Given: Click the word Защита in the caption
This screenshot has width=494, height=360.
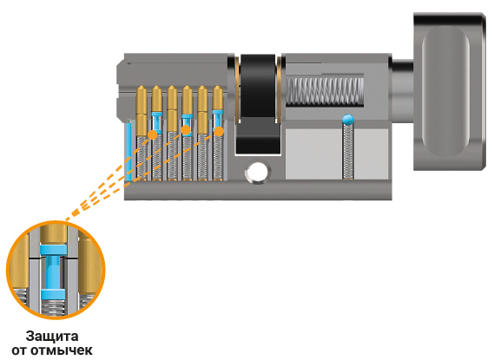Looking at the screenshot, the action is (x=52, y=337).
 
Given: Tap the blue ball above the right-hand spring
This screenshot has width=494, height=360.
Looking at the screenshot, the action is (x=348, y=119).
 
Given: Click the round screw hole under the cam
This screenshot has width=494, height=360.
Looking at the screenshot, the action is (x=258, y=172).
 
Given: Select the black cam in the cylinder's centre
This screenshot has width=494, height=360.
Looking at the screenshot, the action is (x=258, y=104).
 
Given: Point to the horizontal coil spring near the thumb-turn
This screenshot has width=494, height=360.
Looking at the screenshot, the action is (x=325, y=92).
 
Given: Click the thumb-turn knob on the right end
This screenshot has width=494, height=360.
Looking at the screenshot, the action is (x=450, y=91).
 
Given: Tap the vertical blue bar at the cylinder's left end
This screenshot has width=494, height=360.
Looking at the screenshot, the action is (x=128, y=152).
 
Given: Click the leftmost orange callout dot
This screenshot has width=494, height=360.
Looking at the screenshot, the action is (x=153, y=134).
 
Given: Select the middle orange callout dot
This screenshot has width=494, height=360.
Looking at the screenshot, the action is (x=186, y=130).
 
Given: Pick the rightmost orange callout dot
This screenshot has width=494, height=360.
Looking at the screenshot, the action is (x=219, y=131).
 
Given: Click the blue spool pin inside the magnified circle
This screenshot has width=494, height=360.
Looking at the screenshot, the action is (x=53, y=271).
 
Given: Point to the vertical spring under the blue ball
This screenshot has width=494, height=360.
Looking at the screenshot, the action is (x=348, y=152).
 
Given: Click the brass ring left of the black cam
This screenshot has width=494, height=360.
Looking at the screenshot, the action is (x=237, y=89).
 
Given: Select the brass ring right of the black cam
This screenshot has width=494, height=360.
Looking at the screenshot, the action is (x=280, y=89).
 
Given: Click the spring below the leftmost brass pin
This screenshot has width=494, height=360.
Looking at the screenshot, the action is (x=142, y=157).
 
